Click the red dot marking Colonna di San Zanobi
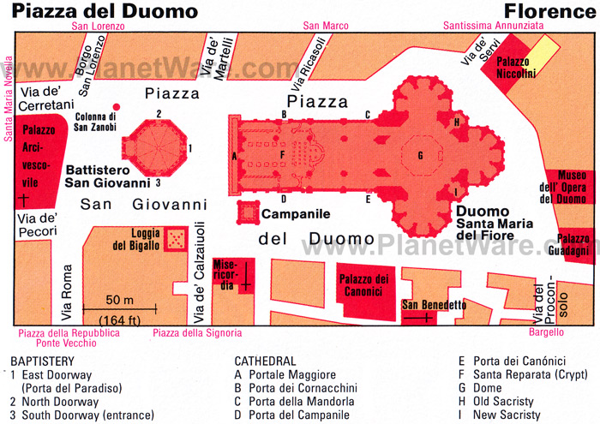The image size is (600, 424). (x=117, y=107)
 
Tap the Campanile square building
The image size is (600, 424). (x=249, y=212)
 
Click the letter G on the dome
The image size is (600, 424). (x=420, y=156)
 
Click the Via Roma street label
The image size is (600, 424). (x=69, y=289)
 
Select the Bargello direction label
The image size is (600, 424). (x=545, y=331)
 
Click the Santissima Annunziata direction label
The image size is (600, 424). (x=493, y=26)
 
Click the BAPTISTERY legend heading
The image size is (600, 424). (x=42, y=361)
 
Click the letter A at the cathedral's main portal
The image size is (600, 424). (x=234, y=156)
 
